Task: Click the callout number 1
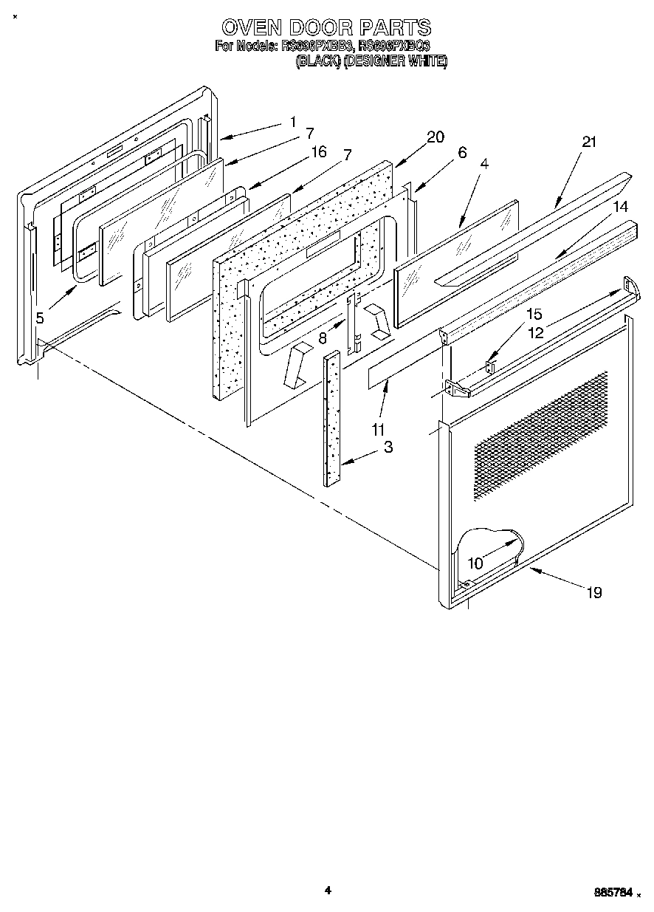pyautogui.click(x=293, y=122)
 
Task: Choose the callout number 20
pyautogui.click(x=436, y=137)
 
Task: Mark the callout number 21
pyautogui.click(x=588, y=142)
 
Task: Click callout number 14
pyautogui.click(x=622, y=207)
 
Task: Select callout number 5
pyautogui.click(x=40, y=318)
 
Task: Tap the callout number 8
pyautogui.click(x=323, y=339)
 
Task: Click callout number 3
pyautogui.click(x=388, y=447)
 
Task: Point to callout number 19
pyautogui.click(x=593, y=592)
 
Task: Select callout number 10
pyautogui.click(x=475, y=563)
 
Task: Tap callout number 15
pyautogui.click(x=534, y=314)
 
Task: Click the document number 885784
pyautogui.click(x=613, y=893)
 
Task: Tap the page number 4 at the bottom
pyautogui.click(x=328, y=890)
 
